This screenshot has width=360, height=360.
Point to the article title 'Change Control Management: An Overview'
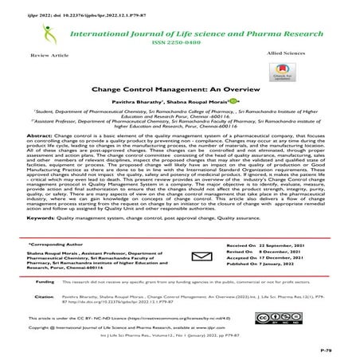tap(179, 93)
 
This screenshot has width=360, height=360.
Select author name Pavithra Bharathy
tap(151, 105)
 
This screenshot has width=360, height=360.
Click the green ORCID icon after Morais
tap(232, 104)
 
